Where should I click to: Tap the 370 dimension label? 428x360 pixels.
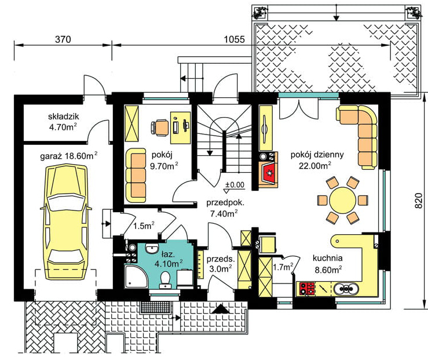63,39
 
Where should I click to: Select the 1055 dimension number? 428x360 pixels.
235,39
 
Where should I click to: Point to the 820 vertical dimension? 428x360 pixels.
418,201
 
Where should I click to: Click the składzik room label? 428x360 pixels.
63,117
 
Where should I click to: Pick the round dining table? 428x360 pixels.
342,200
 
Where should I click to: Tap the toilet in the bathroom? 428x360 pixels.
165,279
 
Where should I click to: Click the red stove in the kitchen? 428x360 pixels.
307,289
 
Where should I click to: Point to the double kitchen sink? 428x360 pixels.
346,289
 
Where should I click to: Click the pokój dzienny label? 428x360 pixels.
317,155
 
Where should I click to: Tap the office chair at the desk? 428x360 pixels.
160,128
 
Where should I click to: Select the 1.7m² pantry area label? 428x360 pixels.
283,267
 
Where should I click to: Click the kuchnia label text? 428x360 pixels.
327,258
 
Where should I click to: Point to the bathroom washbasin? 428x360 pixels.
152,248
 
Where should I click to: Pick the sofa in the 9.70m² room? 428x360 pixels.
136,175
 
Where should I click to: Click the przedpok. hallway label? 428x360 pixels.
225,203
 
